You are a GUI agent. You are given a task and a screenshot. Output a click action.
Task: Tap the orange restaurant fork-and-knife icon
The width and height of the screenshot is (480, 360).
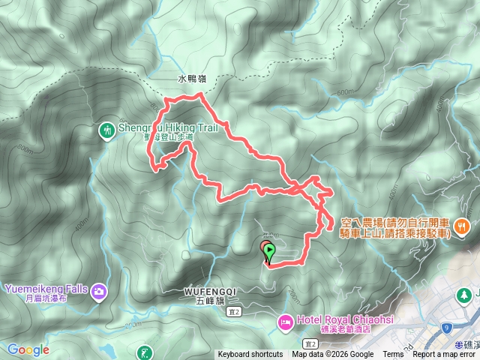tap(466, 223)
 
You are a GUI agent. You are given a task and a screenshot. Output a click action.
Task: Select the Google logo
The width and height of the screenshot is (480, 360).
tap(28, 349)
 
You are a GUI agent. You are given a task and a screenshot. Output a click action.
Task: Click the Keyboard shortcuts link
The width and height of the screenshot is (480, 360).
tap(250, 355)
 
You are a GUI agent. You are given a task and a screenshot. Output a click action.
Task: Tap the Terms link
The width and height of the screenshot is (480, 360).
tap(393, 355)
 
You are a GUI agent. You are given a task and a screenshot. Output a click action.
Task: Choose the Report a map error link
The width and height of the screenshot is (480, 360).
tap(444, 355)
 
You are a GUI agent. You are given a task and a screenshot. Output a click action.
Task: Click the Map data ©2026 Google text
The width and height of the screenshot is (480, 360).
tap(333, 355)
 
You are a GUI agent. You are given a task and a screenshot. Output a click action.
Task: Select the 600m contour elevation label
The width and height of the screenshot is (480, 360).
tap(344, 92)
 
